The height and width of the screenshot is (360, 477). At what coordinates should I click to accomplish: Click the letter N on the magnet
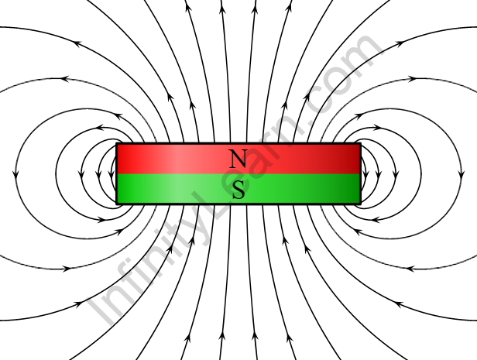(x=238, y=159)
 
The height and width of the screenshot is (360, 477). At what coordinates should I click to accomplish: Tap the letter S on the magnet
(x=238, y=189)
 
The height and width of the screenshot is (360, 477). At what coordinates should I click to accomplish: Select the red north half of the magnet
(x=294, y=158)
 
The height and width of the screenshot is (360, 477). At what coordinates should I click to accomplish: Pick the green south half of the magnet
(x=294, y=189)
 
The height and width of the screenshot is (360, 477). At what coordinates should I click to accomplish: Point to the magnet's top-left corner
(x=117, y=144)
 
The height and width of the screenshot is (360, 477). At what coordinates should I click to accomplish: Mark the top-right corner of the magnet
(x=361, y=144)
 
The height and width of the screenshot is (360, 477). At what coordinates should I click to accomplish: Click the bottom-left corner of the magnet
(x=117, y=204)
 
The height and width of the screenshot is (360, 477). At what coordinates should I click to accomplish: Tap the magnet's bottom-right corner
(x=361, y=204)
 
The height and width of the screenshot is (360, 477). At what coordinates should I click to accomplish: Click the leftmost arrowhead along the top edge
(x=187, y=8)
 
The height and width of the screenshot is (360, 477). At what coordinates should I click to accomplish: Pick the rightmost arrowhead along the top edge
(x=290, y=8)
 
